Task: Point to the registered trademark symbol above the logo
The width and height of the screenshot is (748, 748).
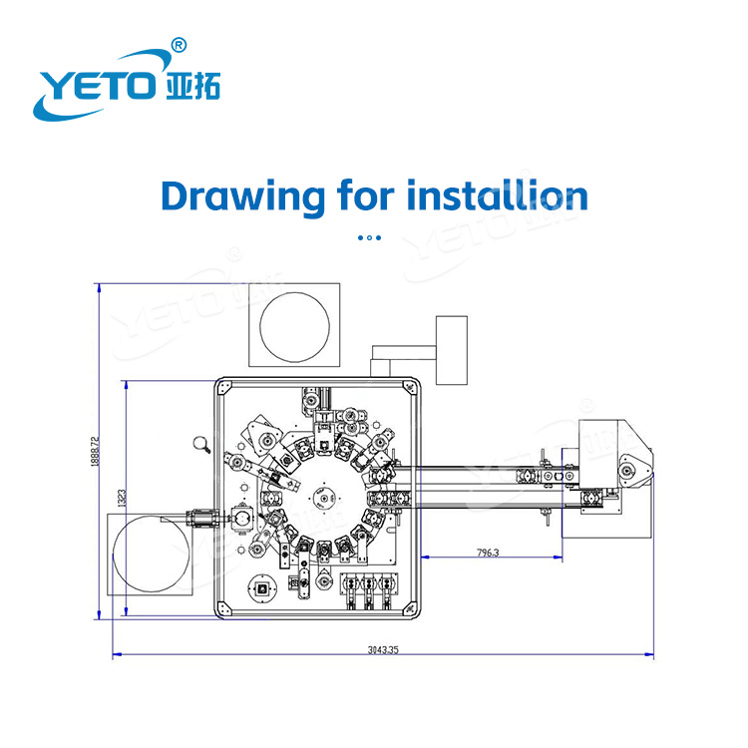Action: tap(179, 45)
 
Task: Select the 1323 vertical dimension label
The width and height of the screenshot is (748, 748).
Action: tap(120, 500)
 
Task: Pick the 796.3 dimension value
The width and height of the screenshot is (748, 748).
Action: tap(488, 552)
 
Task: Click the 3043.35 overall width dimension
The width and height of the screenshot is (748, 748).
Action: tap(382, 649)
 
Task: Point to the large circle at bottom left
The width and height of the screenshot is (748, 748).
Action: tap(151, 553)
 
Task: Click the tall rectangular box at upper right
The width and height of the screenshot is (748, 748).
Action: tap(451, 350)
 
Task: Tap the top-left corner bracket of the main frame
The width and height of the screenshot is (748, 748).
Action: tap(223, 388)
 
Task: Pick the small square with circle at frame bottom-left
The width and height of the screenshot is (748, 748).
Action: tap(263, 588)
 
